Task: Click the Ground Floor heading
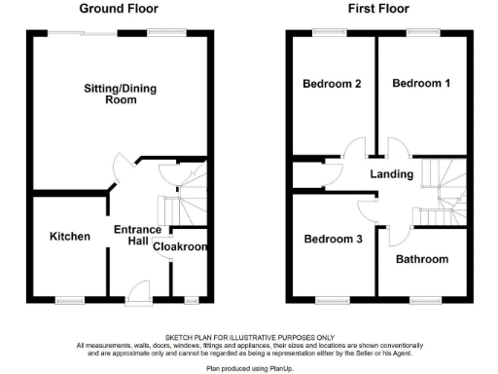120,9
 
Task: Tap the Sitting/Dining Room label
120,94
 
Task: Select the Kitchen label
70,237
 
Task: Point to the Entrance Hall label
138,236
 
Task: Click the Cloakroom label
181,247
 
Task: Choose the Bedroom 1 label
421,84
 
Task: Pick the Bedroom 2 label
333,84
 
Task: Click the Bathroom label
422,259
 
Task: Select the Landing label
392,174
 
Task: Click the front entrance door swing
138,289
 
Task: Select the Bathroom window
424,298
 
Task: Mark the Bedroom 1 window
421,33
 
